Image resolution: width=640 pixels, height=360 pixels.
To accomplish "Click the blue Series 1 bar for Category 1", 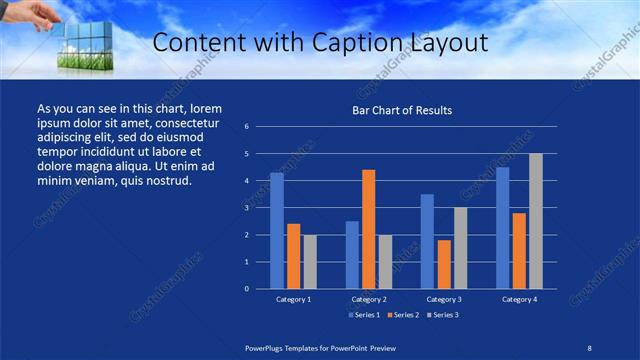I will click(x=277, y=231).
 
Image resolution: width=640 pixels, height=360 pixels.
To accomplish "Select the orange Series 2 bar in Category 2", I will click(x=369, y=229).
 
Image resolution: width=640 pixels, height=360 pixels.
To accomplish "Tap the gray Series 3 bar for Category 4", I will click(x=536, y=221).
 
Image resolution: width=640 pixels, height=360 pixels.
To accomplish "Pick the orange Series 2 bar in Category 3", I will click(x=444, y=264).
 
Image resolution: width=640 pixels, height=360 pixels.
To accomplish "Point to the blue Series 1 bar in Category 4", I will click(x=503, y=228).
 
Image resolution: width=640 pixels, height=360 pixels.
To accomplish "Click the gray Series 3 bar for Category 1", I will click(x=310, y=262).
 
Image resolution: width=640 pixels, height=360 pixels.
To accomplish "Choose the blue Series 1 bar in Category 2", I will click(x=352, y=255).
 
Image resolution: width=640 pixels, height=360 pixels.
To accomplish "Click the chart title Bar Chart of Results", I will click(x=402, y=110).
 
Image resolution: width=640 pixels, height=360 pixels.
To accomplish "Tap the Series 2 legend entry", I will click(x=403, y=315).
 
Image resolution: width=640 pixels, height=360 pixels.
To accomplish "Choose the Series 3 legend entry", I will click(x=443, y=315).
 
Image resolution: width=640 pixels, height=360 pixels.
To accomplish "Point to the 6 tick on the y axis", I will click(x=246, y=128).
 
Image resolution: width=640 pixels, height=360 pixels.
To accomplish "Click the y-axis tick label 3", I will click(x=246, y=208).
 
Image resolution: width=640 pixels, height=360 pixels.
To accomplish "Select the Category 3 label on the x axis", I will click(x=444, y=299).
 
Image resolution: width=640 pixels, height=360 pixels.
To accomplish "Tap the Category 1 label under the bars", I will click(x=293, y=299).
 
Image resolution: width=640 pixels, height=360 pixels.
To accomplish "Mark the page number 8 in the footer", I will click(x=589, y=347).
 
